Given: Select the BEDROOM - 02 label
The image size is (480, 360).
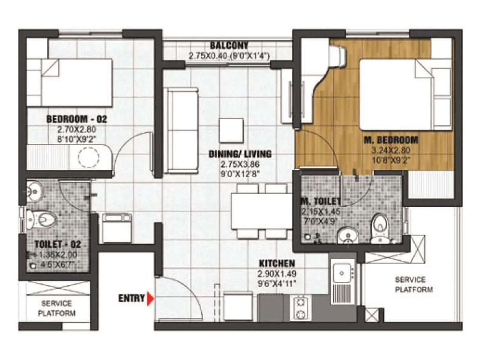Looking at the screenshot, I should tap(76, 119).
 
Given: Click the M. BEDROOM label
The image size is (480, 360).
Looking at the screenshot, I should tap(391, 140).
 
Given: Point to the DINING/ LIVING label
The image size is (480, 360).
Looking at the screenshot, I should tap(240, 154).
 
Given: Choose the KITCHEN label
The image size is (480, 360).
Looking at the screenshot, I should tap(277, 264).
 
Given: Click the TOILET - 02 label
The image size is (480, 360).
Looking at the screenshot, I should tap(58, 244).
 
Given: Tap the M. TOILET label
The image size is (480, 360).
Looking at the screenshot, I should tap(320, 201).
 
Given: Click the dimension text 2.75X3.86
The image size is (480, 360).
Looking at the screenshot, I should tap(240, 164).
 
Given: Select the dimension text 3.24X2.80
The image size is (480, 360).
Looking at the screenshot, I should tap(391, 151).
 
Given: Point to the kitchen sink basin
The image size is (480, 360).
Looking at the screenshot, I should tap(341, 273).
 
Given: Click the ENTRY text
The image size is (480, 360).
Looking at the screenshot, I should tap(131, 298).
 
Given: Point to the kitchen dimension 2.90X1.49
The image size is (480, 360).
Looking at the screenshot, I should tap(277, 274).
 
